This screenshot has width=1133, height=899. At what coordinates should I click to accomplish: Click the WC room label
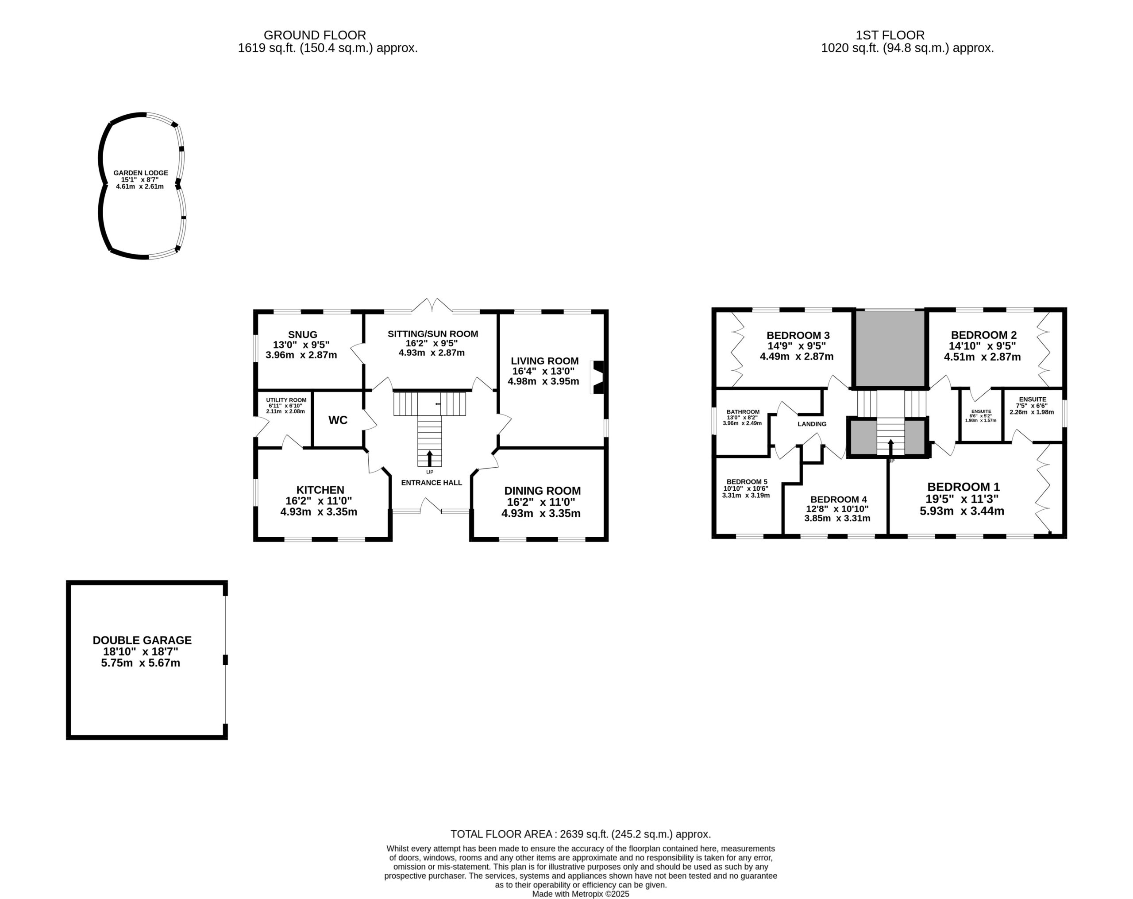[x=338, y=420]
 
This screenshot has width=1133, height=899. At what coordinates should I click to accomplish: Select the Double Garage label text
[x=142, y=640]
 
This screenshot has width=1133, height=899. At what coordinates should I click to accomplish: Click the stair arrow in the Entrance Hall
[x=429, y=458]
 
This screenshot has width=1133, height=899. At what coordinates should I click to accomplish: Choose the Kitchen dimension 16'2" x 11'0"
[x=319, y=501]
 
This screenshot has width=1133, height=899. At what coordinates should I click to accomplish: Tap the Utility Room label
[x=286, y=400]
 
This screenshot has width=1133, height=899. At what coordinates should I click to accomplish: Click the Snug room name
[x=303, y=334]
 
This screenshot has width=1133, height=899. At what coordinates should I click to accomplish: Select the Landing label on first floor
[x=812, y=424]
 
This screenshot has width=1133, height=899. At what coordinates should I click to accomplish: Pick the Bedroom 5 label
[x=747, y=481]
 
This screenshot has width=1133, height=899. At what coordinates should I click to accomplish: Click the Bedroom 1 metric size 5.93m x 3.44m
[x=962, y=511]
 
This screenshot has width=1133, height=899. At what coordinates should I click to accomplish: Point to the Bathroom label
[x=743, y=412]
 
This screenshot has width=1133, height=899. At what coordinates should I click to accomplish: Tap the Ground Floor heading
[x=315, y=35]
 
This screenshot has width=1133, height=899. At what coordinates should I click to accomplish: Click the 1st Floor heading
[x=890, y=35]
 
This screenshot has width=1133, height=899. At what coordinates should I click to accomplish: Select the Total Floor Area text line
[x=581, y=834]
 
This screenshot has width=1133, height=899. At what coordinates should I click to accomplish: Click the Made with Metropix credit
[x=581, y=894]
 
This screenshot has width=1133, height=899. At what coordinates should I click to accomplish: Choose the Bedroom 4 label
[x=838, y=500]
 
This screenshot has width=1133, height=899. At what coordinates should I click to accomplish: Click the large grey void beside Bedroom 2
[x=890, y=348]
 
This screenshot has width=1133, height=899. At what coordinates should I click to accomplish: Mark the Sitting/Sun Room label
[x=433, y=334]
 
